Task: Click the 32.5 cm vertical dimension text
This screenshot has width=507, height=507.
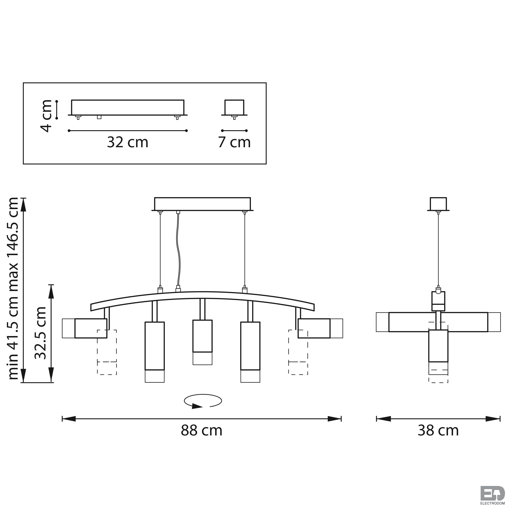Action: click(x=41, y=333)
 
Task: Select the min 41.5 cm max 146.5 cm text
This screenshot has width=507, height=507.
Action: click(x=13, y=288)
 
